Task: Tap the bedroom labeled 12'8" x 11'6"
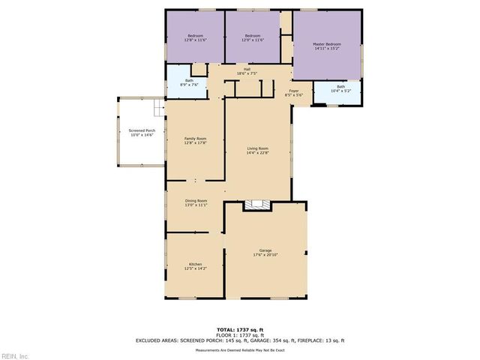click(x=195, y=38)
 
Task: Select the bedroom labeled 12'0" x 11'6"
click(x=253, y=38)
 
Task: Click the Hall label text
click(x=247, y=71)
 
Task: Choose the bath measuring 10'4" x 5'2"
click(x=340, y=88)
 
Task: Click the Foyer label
click(x=293, y=93)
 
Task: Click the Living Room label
click(x=258, y=151)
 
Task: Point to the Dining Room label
click(x=196, y=202)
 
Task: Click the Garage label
click(x=265, y=252)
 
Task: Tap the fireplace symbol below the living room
click(x=259, y=203)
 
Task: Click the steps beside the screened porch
click(x=158, y=109)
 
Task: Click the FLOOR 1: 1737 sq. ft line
click(x=239, y=334)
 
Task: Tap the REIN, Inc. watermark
click(x=15, y=355)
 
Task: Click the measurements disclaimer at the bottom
click(x=239, y=350)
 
